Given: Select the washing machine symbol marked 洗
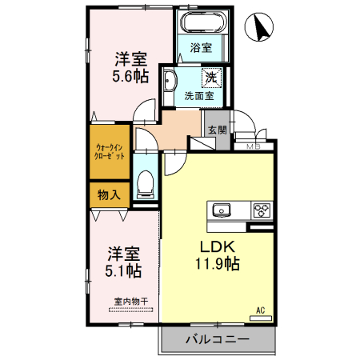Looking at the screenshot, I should [x=210, y=78].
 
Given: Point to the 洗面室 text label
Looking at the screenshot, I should [x=198, y=95].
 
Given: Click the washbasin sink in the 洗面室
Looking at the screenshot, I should [x=170, y=81].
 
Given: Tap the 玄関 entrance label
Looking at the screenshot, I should [x=217, y=130].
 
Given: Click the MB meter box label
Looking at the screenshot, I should [x=254, y=146].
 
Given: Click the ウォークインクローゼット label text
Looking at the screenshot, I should [x=109, y=152].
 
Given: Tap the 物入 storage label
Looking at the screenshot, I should [x=108, y=194].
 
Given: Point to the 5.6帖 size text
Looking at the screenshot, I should [x=130, y=76].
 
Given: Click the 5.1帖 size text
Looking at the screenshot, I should [x=125, y=270].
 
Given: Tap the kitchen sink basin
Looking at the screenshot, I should [x=222, y=210].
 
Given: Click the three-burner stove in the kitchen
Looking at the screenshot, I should [x=262, y=210].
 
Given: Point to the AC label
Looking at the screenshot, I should [x=260, y=310].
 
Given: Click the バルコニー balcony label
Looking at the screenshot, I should [x=217, y=339].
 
